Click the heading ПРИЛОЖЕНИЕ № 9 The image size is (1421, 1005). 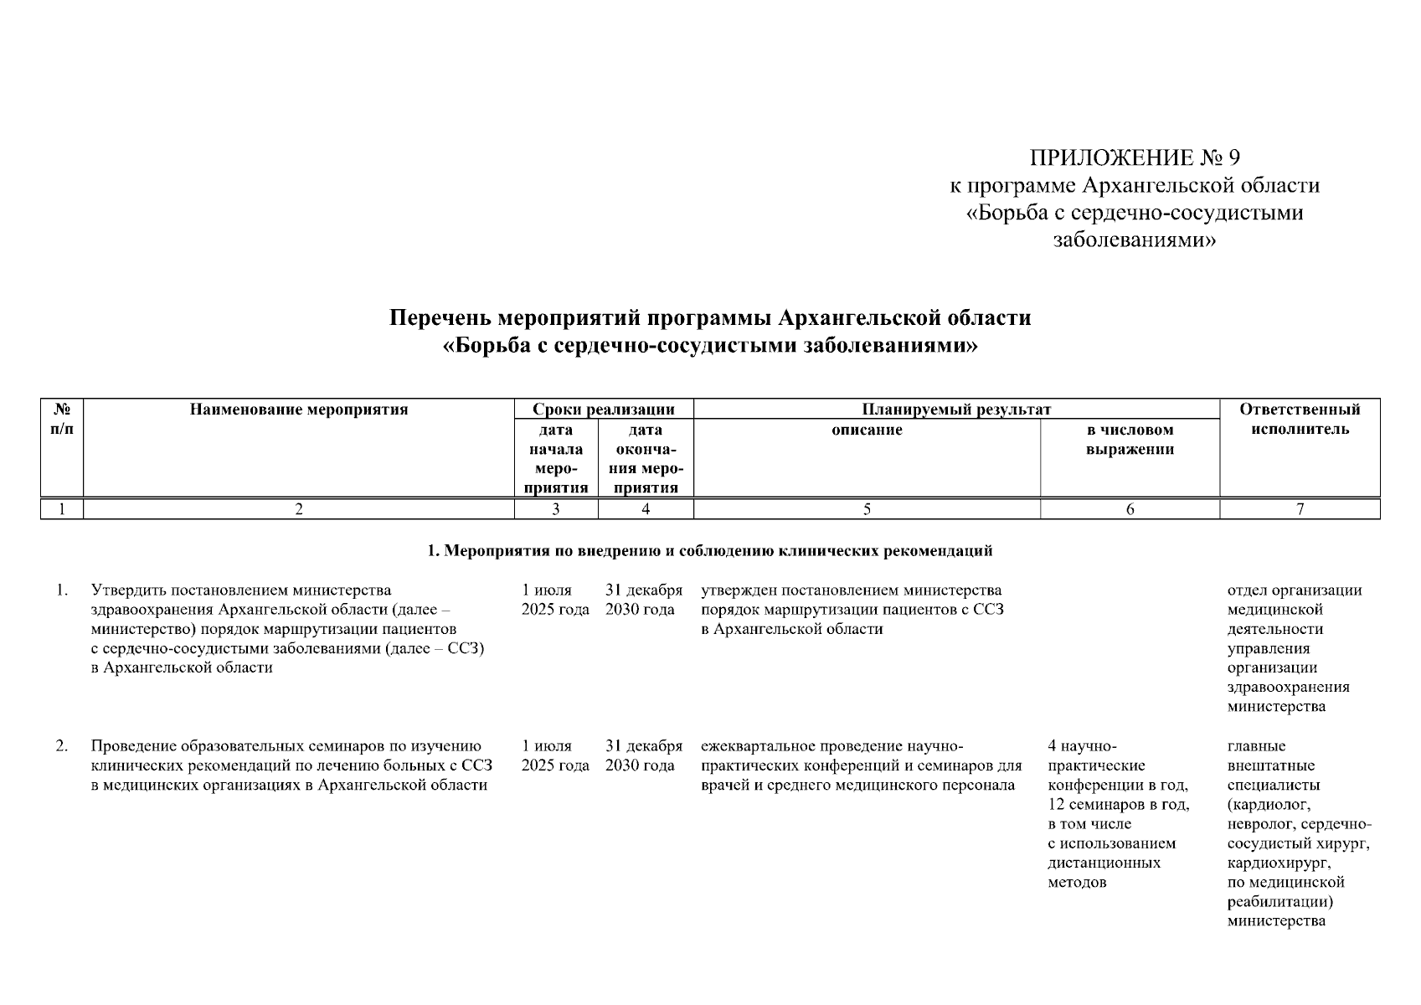click(x=1134, y=157)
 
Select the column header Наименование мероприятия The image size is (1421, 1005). click(x=298, y=410)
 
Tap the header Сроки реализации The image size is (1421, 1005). click(x=604, y=410)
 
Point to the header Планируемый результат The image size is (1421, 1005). click(x=956, y=410)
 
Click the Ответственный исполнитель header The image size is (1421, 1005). click(x=1300, y=419)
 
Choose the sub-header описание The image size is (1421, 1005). click(x=867, y=430)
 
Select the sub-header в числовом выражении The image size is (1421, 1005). click(x=1130, y=439)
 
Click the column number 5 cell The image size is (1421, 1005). click(x=867, y=508)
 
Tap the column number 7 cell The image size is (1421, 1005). click(x=1300, y=508)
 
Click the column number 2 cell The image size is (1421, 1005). click(x=298, y=508)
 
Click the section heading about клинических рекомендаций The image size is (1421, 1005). click(x=709, y=550)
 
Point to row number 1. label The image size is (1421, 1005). click(x=62, y=590)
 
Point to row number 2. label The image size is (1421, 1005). click(x=62, y=746)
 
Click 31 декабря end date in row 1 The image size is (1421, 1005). click(x=643, y=590)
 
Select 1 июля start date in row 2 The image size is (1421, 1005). click(x=546, y=746)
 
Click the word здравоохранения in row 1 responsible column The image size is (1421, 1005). click(x=1288, y=687)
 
